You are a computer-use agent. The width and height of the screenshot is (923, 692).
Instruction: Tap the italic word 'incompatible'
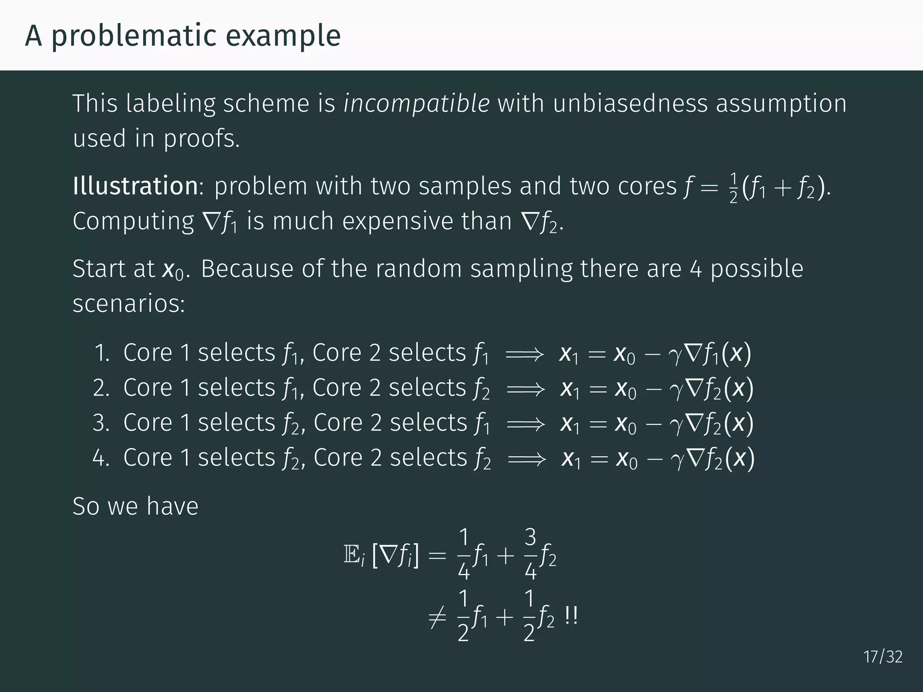click(x=416, y=104)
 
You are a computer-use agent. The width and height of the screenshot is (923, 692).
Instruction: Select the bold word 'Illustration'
click(x=135, y=186)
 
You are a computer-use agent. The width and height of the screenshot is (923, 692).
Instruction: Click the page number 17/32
click(x=883, y=657)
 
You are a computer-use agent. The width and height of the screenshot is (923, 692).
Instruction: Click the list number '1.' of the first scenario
click(x=102, y=353)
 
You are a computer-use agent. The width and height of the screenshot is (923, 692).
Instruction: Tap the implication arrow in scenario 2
click(x=525, y=389)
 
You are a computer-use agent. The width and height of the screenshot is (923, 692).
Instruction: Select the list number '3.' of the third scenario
click(x=101, y=423)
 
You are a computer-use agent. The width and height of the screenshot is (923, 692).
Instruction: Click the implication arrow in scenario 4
click(x=526, y=459)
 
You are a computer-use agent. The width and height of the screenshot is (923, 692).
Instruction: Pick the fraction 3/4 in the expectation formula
click(x=530, y=555)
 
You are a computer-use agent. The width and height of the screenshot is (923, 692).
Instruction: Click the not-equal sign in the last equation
click(x=437, y=616)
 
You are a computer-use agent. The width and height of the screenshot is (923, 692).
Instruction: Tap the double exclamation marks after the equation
click(x=571, y=616)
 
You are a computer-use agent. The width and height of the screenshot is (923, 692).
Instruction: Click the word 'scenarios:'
click(x=128, y=304)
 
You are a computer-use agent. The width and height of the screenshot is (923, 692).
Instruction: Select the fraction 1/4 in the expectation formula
click(x=464, y=555)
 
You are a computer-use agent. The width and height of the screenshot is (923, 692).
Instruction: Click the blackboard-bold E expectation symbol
click(x=351, y=556)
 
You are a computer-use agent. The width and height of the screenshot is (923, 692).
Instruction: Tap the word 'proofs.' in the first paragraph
click(x=201, y=139)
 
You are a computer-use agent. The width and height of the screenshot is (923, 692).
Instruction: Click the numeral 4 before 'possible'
click(x=696, y=269)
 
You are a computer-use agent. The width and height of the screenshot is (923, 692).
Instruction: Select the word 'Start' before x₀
click(x=100, y=269)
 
